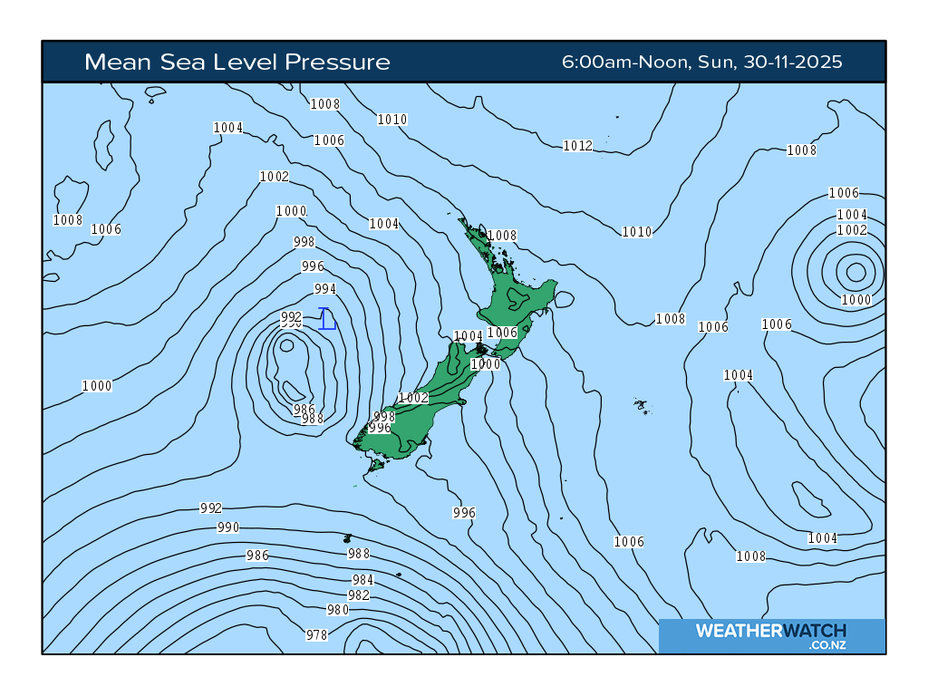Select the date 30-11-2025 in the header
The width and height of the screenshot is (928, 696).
tap(795, 63)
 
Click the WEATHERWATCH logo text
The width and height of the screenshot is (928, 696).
tap(770, 631)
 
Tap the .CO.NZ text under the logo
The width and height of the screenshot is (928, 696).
tap(827, 645)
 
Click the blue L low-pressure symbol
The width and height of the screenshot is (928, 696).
tap(327, 319)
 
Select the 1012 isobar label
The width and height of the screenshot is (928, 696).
tap(577, 146)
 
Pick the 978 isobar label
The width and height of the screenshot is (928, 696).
tap(316, 635)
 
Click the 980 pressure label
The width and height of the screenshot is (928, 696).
tap(337, 610)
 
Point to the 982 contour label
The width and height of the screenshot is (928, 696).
tap(359, 595)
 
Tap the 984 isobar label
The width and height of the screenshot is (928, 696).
tap(362, 580)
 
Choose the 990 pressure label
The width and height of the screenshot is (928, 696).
tap(228, 527)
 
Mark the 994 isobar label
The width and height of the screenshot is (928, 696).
tap(324, 289)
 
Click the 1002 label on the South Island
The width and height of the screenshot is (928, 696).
tap(413, 398)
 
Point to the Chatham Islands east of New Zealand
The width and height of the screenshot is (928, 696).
tap(641, 406)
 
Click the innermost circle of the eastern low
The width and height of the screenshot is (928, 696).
tap(855, 271)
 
